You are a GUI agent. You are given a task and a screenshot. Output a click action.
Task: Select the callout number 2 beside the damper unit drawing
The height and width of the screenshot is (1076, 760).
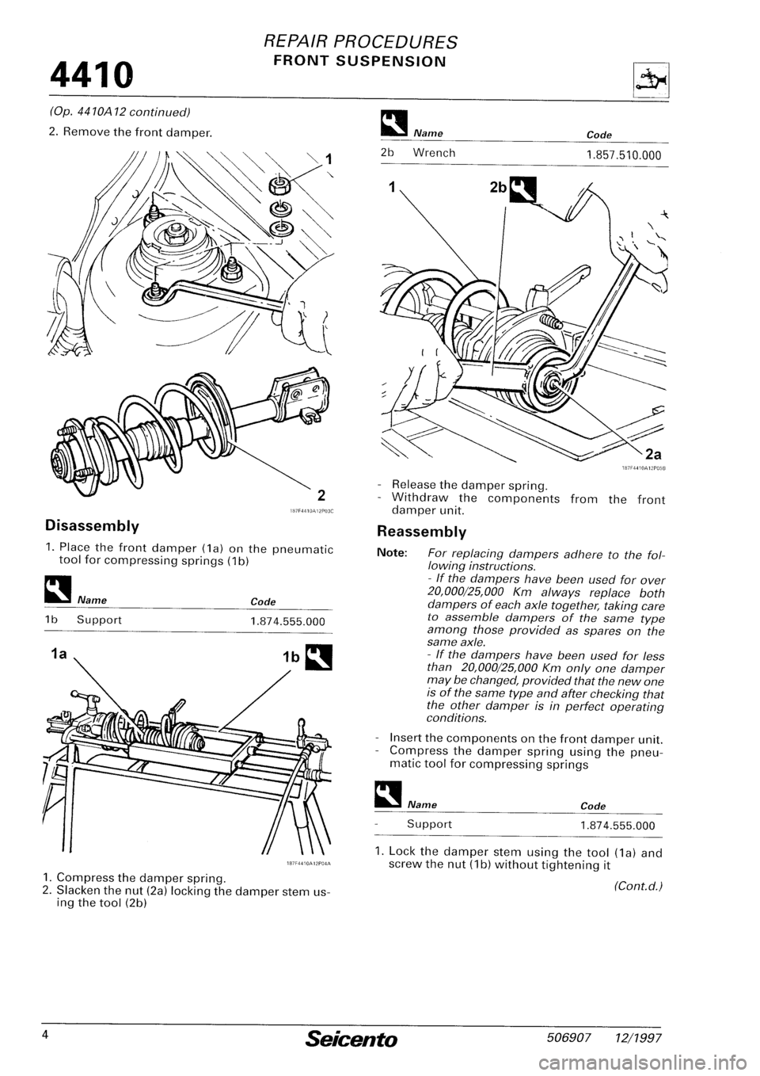click(x=323, y=497)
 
